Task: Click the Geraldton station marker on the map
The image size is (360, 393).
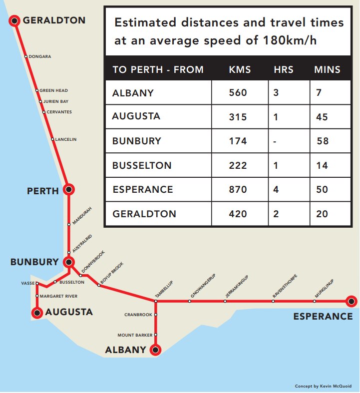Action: tap(14, 20)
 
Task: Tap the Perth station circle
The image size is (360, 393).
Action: tap(69, 189)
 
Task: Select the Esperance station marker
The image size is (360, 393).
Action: tap(352, 301)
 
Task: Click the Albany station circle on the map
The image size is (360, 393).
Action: tap(156, 350)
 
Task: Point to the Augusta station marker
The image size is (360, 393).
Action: tap(36, 313)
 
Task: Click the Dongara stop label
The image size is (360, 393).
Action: tap(40, 56)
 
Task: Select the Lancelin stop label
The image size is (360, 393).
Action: tap(66, 139)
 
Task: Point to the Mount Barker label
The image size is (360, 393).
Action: tap(135, 335)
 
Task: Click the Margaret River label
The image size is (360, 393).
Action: tap(58, 296)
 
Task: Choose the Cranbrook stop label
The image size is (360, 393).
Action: tap(138, 315)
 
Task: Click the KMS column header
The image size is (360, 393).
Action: tap(240, 69)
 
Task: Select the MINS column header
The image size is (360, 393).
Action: tap(327, 69)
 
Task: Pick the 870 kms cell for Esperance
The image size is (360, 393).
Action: tap(238, 190)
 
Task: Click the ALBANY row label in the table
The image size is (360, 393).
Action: tap(133, 93)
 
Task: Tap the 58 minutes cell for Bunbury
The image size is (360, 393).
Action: tap(323, 141)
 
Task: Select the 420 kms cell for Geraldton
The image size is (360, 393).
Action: tap(238, 214)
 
